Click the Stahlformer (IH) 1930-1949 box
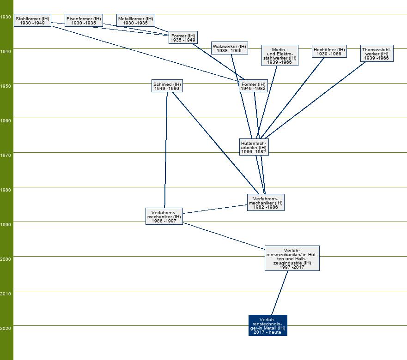point(32,20)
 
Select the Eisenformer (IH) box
point(84,20)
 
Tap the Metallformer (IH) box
point(135,20)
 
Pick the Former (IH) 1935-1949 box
point(183,38)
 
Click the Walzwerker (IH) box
point(230,48)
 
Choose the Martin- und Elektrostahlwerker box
point(279,56)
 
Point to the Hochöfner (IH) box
point(329,51)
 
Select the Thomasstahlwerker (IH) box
point(377,54)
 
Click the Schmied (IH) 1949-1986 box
point(167,86)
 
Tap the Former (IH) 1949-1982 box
point(254,86)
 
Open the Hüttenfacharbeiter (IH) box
point(254,147)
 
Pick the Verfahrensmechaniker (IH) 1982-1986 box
point(266,202)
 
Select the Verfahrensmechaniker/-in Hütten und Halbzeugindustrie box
point(292,258)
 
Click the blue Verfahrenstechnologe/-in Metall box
point(268,325)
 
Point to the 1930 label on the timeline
point(6,17)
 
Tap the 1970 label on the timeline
point(6,156)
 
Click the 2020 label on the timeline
point(6,328)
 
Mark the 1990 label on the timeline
point(6,225)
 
